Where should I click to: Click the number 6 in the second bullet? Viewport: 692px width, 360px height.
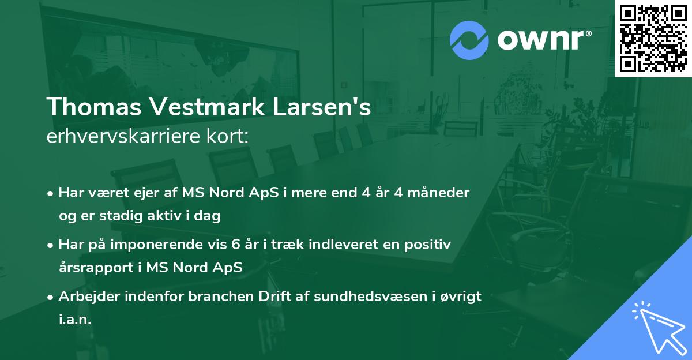point(235,245)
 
